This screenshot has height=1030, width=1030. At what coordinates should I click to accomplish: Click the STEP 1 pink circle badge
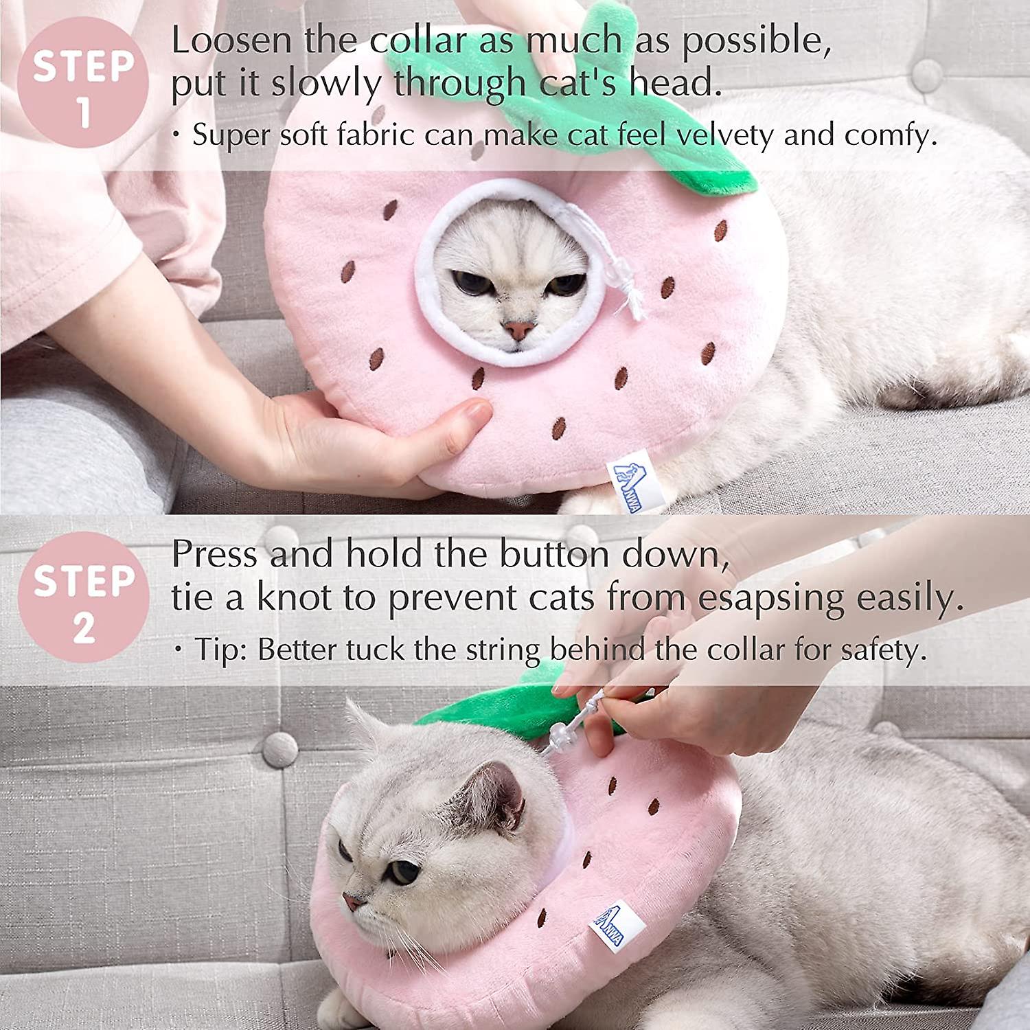[x=82, y=82]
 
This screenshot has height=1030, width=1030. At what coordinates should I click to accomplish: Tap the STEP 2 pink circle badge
[x=83, y=597]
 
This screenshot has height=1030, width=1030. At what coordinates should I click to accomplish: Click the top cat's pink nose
[x=518, y=330]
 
